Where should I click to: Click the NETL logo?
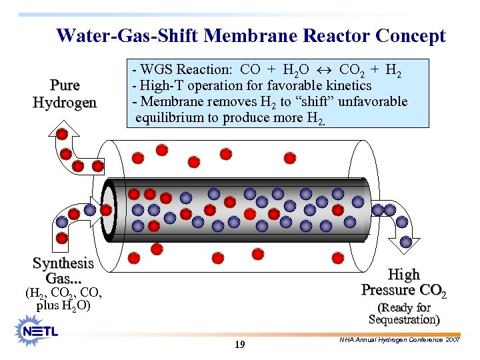[40, 330]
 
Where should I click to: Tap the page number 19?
[240, 345]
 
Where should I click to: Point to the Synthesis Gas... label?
[63, 271]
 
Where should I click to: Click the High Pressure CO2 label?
[404, 282]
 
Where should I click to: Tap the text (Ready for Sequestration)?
[404, 313]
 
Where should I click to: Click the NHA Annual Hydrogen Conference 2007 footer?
[399, 340]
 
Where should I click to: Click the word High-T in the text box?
[161, 86]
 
